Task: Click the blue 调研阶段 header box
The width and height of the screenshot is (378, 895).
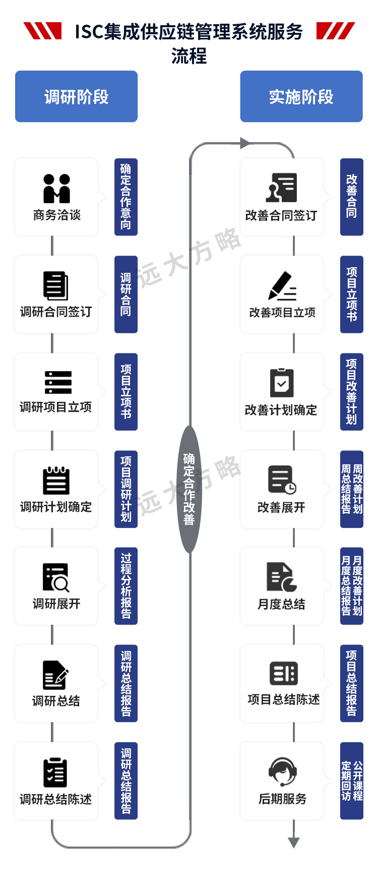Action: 76,97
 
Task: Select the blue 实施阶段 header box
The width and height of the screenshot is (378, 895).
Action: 301,97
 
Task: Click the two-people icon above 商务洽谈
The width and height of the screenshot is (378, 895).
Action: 56,188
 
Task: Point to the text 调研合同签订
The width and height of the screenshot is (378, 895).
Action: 56,312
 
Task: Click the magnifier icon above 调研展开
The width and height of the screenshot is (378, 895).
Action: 56,577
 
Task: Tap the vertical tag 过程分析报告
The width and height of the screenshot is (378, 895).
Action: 125,586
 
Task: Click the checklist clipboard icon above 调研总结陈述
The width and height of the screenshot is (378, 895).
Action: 55,772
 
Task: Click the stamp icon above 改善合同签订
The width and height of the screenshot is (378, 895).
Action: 282,188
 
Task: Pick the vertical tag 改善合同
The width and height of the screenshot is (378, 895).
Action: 351,197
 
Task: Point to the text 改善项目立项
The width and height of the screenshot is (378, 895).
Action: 282,313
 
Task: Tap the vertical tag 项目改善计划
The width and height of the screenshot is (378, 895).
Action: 351,391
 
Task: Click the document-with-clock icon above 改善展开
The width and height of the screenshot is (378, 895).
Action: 282,480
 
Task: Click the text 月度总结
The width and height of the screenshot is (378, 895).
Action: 281,604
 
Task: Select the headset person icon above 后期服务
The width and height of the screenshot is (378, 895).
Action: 282,771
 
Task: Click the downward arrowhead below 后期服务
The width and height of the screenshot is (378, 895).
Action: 294,843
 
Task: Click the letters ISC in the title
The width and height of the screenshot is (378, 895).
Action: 89,33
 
